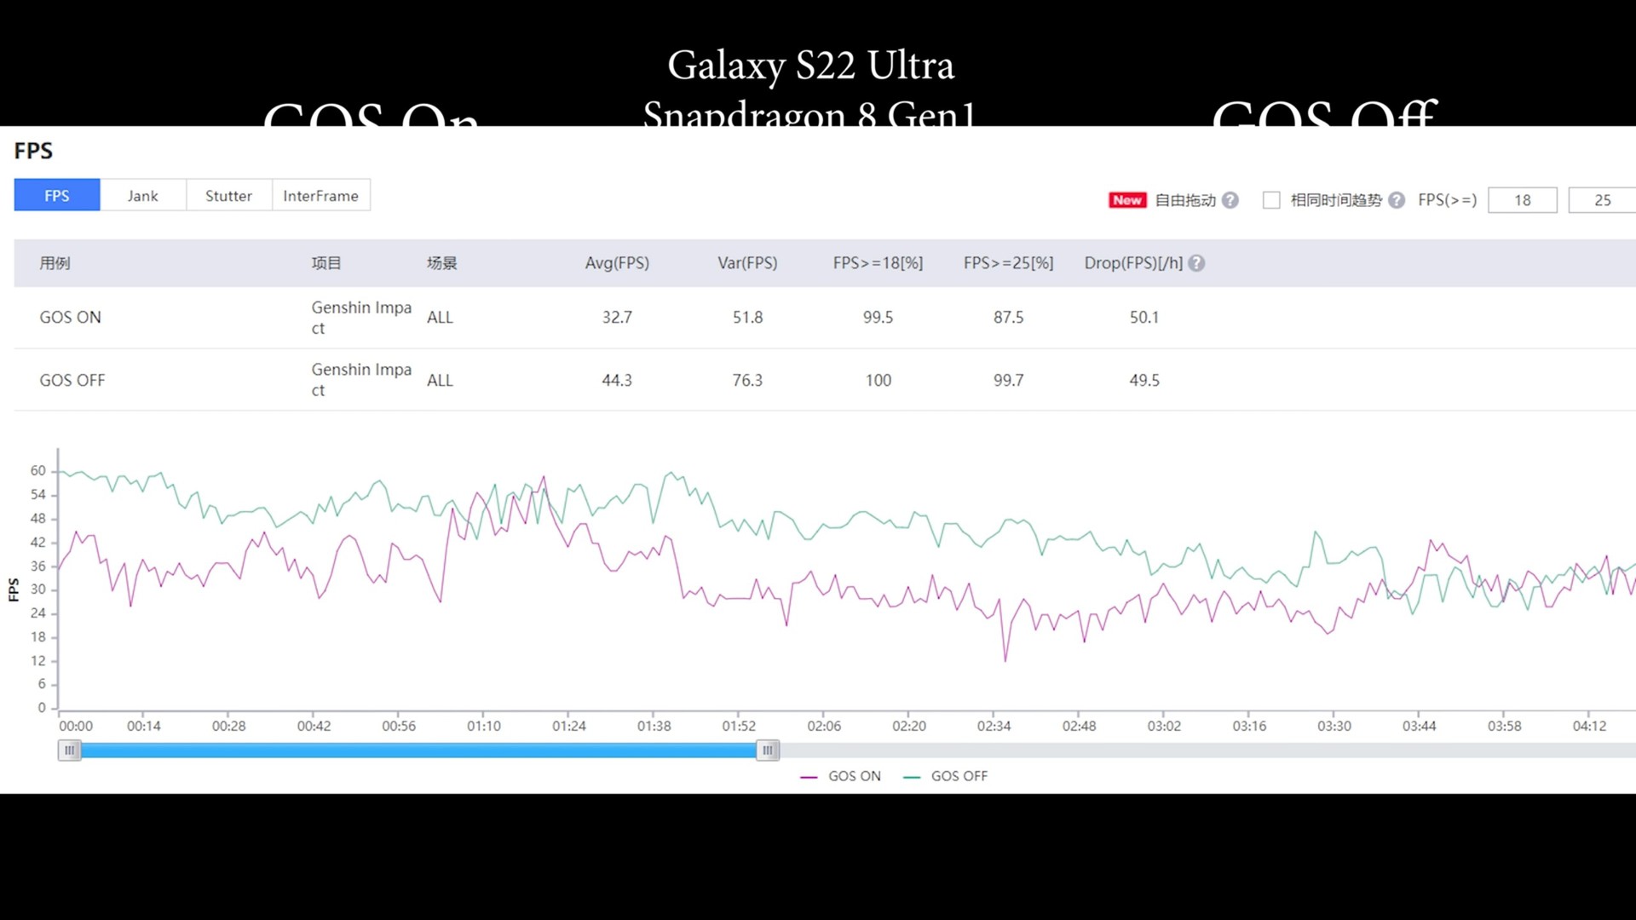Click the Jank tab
pyautogui.click(x=142, y=196)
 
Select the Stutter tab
pyautogui.click(x=228, y=196)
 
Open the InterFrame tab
pyautogui.click(x=320, y=196)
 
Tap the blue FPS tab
pyautogui.click(x=57, y=196)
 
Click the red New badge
pyautogui.click(x=1126, y=200)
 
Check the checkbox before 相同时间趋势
pyautogui.click(x=1271, y=200)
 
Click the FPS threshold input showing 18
pyautogui.click(x=1522, y=200)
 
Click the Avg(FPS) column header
pyautogui.click(x=617, y=263)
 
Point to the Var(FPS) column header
pyautogui.click(x=747, y=263)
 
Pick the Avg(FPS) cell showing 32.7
pyautogui.click(x=617, y=317)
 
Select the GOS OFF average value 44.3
pyautogui.click(x=617, y=380)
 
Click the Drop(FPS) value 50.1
pyautogui.click(x=1144, y=317)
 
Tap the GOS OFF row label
pyautogui.click(x=72, y=380)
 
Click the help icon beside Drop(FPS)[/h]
pyautogui.click(x=1196, y=263)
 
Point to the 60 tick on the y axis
pyautogui.click(x=38, y=470)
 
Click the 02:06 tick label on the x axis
pyautogui.click(x=824, y=726)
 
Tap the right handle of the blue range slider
pyautogui.click(x=767, y=750)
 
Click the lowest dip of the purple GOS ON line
pyautogui.click(x=1005, y=660)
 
